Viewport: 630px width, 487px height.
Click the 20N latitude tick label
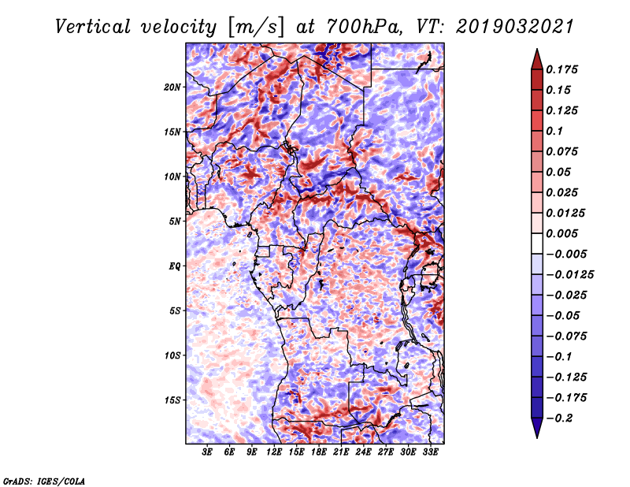click(172, 87)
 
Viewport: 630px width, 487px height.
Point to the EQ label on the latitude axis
click(175, 266)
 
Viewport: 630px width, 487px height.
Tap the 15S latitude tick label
click(172, 400)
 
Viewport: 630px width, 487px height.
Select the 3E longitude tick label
click(207, 452)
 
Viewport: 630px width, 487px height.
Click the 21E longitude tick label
click(341, 452)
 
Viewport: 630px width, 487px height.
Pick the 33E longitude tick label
click(430, 452)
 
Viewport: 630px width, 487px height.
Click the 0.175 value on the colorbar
click(561, 70)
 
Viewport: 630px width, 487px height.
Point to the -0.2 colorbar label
click(559, 418)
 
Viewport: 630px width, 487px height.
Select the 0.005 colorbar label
click(561, 233)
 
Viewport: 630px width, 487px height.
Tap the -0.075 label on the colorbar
click(566, 336)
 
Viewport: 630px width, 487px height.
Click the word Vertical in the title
click(93, 28)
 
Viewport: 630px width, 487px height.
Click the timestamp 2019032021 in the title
click(514, 28)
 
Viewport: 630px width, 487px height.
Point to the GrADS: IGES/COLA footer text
click(44, 481)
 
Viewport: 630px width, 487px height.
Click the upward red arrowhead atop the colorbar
click(537, 59)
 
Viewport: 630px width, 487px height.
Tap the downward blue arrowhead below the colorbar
click(537, 428)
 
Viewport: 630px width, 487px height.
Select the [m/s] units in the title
click(256, 28)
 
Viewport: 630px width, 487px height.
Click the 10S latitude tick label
click(172, 355)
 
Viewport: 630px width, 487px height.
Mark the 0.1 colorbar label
click(554, 131)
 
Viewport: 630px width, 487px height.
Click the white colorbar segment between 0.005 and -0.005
click(537, 243)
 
